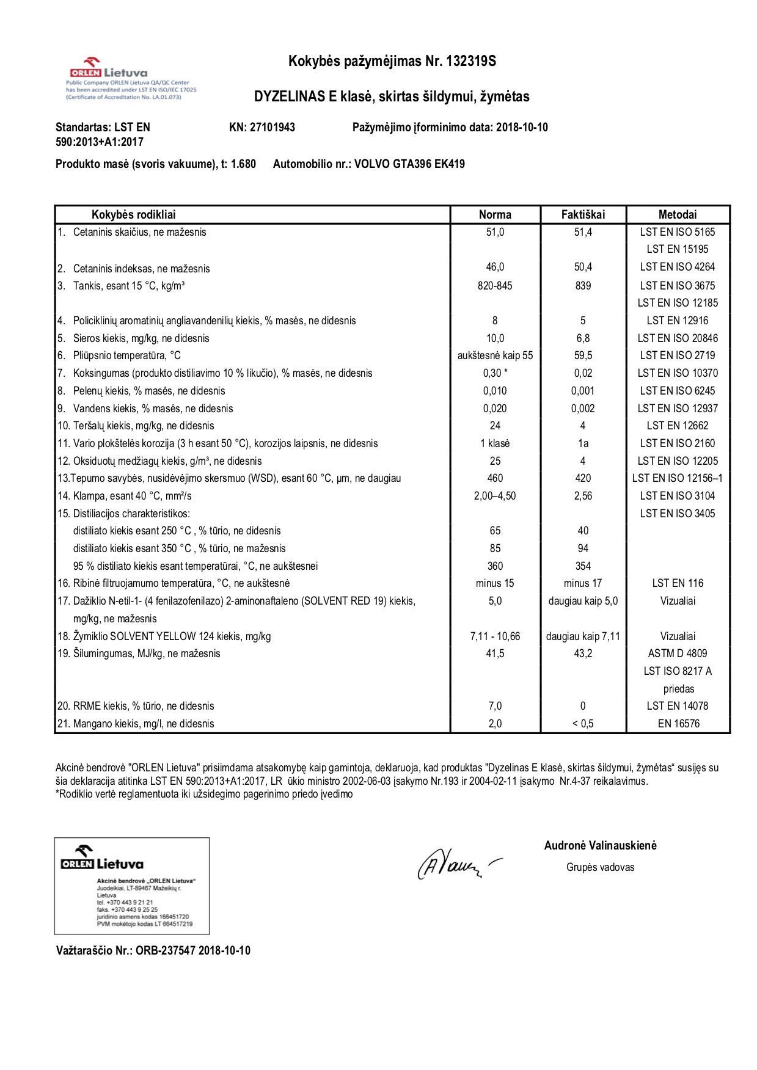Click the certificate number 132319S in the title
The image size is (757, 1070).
(x=471, y=61)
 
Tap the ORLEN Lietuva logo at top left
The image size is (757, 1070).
(x=109, y=69)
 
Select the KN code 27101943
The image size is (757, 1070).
(x=272, y=128)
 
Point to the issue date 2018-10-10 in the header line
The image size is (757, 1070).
(x=522, y=128)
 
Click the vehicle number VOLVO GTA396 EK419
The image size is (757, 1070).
(x=409, y=164)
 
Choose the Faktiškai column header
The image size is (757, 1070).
(x=583, y=214)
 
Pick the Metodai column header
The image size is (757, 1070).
(x=677, y=214)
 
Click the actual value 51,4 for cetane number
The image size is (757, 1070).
(x=583, y=232)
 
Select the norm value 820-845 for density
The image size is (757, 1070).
(x=495, y=286)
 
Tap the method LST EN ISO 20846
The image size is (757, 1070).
(x=678, y=338)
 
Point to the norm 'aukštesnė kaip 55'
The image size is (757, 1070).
(x=495, y=355)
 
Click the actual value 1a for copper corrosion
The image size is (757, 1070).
(x=583, y=443)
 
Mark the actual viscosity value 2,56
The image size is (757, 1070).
(x=583, y=496)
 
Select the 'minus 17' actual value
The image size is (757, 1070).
(x=583, y=583)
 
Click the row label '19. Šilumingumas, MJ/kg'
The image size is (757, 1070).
(x=139, y=653)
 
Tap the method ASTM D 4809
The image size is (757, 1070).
(x=678, y=653)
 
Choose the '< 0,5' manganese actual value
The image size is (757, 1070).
(x=583, y=724)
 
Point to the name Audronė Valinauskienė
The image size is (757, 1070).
(x=600, y=846)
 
